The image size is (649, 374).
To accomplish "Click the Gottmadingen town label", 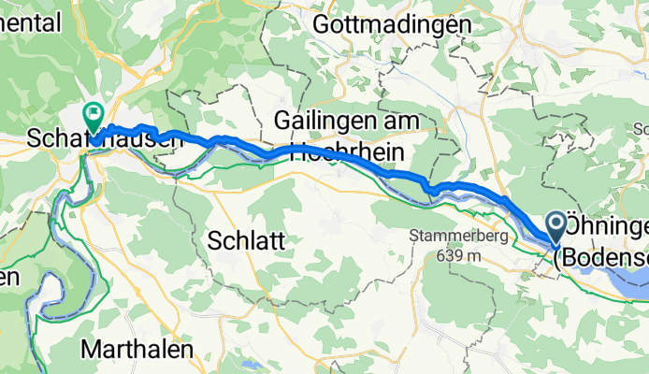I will coord(392,25).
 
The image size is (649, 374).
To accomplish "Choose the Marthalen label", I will coord(138,349).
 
